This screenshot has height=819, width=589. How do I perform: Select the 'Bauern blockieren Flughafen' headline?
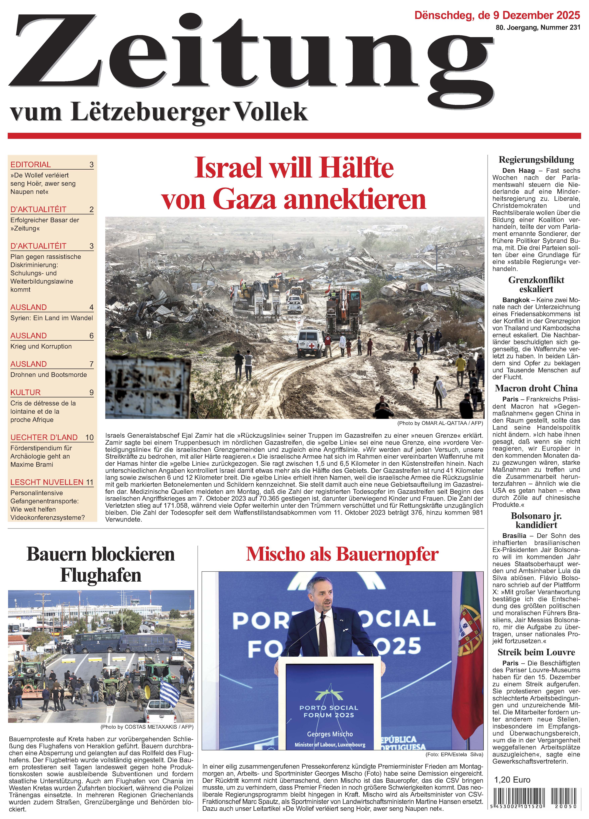pyautogui.click(x=101, y=564)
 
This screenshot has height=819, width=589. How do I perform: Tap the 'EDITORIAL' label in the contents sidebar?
pyautogui.click(x=31, y=165)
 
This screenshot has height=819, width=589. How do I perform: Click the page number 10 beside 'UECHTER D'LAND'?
pyautogui.click(x=89, y=437)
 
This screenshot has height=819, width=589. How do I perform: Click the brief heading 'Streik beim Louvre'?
pyautogui.click(x=536, y=652)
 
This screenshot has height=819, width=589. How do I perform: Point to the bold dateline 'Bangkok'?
pyautogui.click(x=516, y=300)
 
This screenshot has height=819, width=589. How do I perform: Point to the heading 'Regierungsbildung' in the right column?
pyautogui.click(x=536, y=160)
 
